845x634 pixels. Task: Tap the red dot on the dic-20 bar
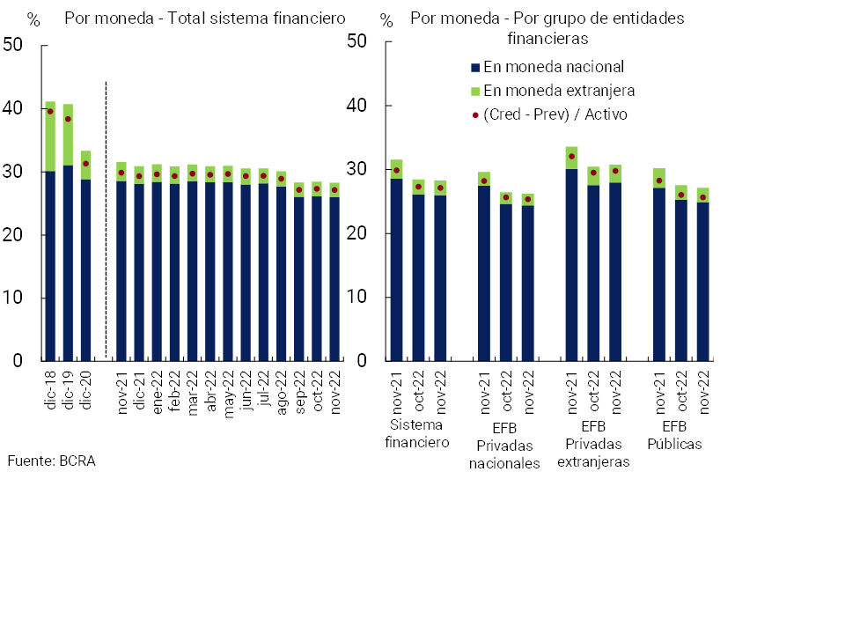[85, 164]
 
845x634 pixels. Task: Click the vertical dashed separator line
[106, 220]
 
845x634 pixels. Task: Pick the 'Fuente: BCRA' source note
[51, 461]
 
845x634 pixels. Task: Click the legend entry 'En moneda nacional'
[554, 67]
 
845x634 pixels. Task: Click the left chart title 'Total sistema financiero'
[205, 18]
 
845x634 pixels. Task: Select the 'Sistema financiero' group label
[417, 434]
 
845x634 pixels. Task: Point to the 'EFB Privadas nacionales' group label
[504, 444]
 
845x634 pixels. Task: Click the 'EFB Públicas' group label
[675, 435]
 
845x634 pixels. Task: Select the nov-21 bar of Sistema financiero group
[397, 264]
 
